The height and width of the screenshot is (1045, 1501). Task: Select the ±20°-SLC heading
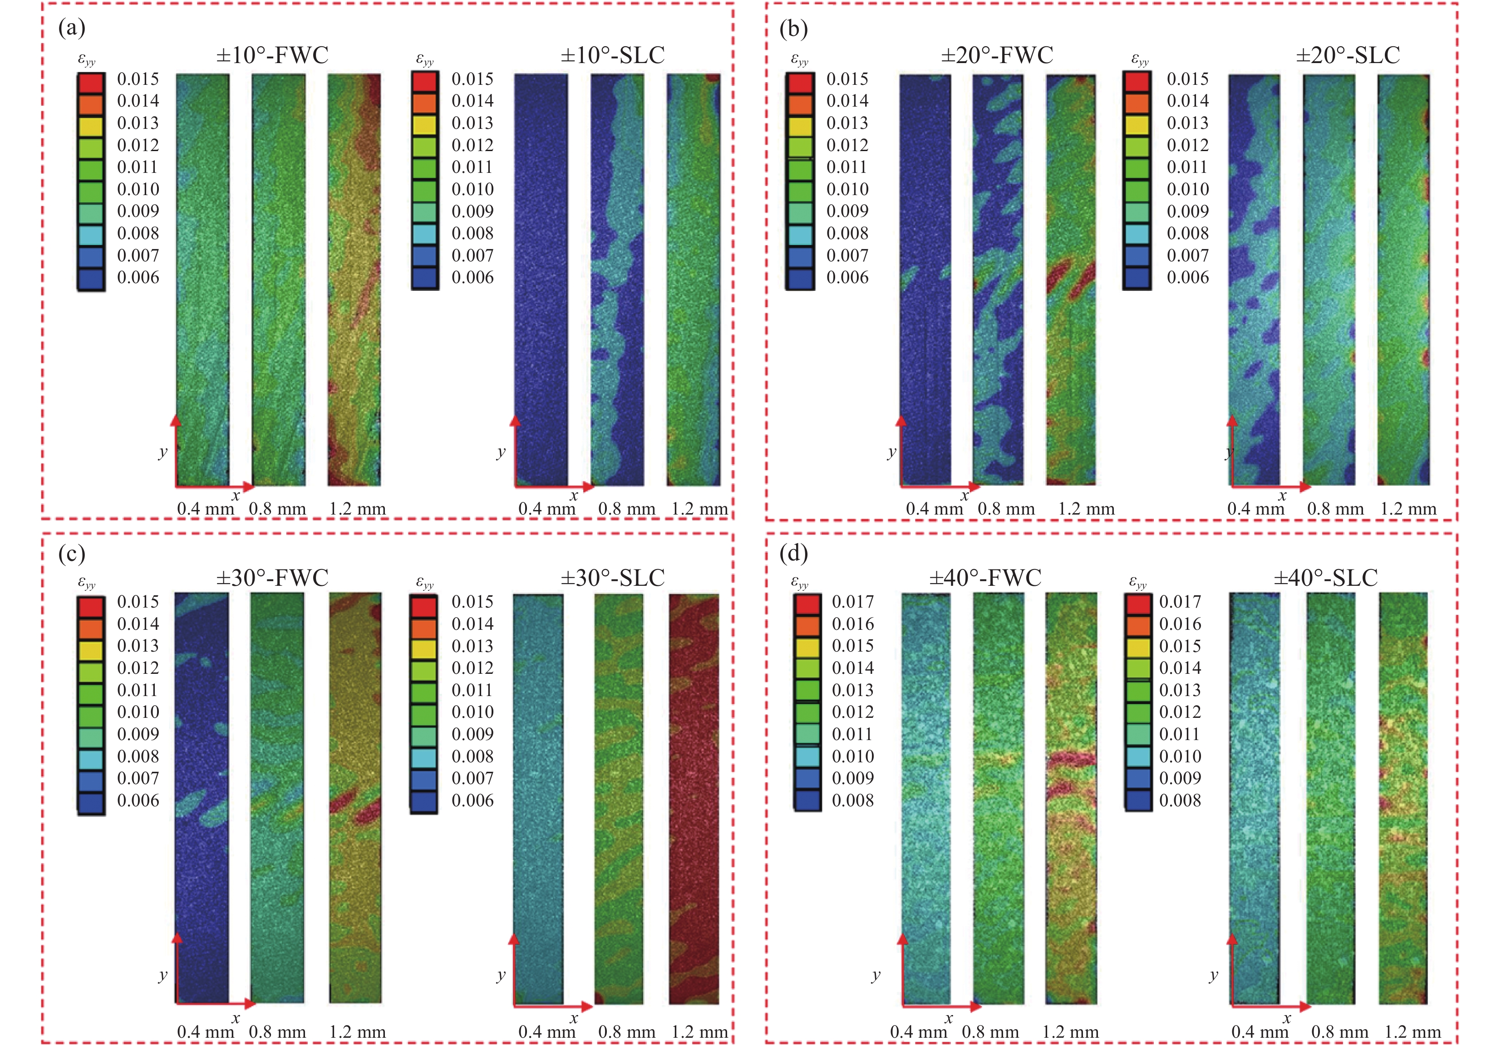click(1348, 55)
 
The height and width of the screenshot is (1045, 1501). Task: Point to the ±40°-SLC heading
click(1325, 578)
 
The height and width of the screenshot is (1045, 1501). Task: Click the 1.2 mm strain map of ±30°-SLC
click(694, 797)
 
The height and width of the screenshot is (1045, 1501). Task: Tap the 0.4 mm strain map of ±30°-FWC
click(202, 797)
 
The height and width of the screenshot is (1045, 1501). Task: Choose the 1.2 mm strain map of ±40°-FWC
click(1071, 797)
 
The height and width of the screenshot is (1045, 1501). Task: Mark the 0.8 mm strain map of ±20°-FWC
click(998, 280)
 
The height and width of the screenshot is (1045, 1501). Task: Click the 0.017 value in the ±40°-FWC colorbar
click(852, 602)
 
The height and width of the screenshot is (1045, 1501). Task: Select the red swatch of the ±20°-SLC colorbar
click(1137, 82)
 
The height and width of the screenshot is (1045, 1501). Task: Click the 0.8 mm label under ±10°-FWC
click(277, 509)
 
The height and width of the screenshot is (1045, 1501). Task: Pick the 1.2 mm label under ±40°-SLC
click(1412, 1032)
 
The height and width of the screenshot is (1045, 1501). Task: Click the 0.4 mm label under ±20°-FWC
click(934, 509)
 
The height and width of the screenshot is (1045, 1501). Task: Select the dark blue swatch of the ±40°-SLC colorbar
click(1138, 800)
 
